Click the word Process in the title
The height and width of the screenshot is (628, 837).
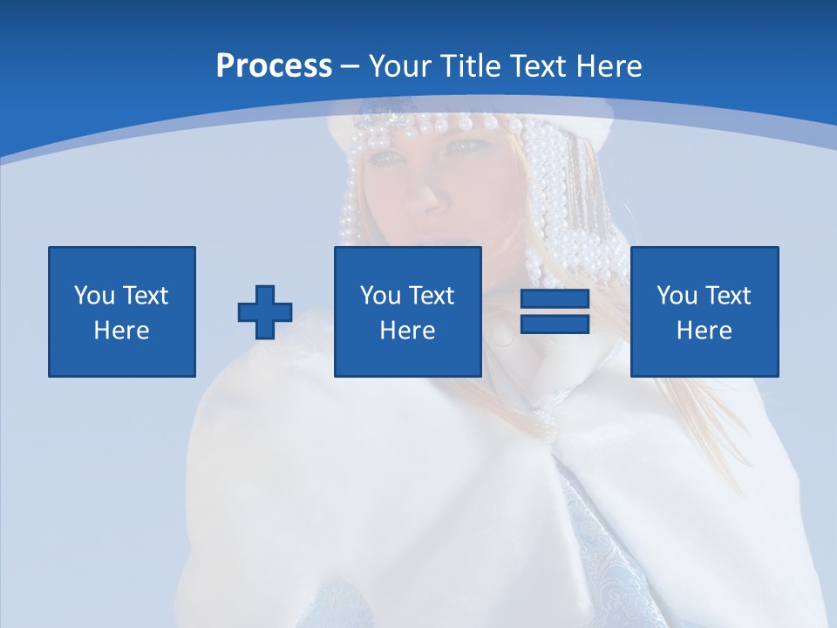click(x=274, y=65)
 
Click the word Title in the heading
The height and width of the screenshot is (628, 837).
click(x=471, y=65)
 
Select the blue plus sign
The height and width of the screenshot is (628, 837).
click(x=265, y=312)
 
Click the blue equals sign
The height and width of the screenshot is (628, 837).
click(x=555, y=312)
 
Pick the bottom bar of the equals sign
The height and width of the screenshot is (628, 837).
click(x=555, y=324)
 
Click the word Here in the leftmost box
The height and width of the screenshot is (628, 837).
click(x=122, y=331)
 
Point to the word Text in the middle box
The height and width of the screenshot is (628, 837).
click(x=432, y=296)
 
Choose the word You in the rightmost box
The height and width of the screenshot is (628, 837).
click(x=677, y=296)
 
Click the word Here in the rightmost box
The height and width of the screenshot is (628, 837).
click(x=704, y=331)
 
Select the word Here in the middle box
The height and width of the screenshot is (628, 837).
click(x=408, y=331)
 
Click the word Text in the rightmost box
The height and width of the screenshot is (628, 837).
click(x=728, y=296)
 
